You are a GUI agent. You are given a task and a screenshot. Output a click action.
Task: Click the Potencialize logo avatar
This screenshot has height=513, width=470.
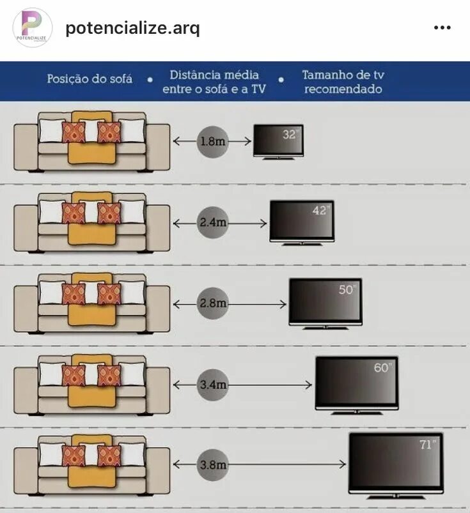tap(32, 27)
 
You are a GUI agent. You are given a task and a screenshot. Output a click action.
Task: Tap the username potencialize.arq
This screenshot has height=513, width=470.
tap(132, 28)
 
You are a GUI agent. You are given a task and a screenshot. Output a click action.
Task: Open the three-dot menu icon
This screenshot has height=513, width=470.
tap(443, 28)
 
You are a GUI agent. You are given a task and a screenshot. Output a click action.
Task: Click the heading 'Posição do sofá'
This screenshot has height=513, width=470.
tap(90, 79)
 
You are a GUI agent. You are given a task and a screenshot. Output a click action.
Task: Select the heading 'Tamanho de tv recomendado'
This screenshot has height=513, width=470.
tap(343, 82)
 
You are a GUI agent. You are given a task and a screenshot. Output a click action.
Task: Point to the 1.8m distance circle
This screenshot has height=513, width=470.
tap(212, 141)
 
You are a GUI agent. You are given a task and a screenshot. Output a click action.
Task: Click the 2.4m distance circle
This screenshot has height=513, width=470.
tap(212, 224)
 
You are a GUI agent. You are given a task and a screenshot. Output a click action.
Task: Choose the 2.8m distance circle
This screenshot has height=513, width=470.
tap(212, 304)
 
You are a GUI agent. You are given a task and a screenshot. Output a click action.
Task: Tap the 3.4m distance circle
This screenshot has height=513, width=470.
tap(212, 385)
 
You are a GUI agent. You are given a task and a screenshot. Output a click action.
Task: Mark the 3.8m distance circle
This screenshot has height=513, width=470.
tap(212, 465)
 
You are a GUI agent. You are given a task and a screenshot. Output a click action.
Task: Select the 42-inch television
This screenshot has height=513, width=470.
tap(302, 222)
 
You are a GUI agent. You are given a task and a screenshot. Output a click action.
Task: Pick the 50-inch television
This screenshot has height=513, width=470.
tap(325, 303)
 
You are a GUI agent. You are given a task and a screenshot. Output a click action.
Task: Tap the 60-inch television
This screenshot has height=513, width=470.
tap(357, 383)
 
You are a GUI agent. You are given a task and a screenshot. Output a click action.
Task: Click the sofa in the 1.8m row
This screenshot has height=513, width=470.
tap(93, 142)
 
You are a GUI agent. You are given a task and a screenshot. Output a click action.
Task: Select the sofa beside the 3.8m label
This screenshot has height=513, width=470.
tap(93, 465)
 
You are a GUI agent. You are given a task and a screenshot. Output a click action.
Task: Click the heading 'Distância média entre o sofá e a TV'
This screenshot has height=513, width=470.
tap(214, 82)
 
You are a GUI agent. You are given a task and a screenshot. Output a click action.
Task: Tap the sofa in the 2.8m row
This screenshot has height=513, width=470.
tap(93, 304)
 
